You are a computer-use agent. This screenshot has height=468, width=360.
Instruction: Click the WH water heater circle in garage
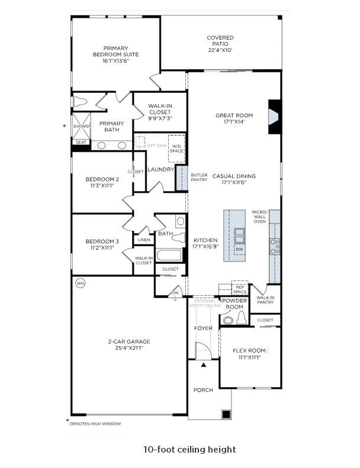tap(81, 283)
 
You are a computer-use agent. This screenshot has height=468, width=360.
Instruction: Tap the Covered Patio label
tap(220, 44)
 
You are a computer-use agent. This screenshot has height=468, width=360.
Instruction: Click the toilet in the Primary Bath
tap(80, 102)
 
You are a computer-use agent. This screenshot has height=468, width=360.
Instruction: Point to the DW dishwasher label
tap(239, 249)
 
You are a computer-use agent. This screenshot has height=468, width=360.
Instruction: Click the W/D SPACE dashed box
tap(176, 147)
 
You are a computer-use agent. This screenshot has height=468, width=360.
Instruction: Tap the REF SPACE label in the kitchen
tap(239, 289)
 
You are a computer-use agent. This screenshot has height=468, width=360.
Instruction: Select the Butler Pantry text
tap(198, 177)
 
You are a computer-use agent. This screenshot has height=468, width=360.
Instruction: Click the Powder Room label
tap(234, 304)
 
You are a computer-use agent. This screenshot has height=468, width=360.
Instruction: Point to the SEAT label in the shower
tap(80, 142)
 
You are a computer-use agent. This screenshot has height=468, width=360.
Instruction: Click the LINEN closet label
tap(144, 240)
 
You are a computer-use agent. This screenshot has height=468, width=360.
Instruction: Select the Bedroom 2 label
tap(102, 182)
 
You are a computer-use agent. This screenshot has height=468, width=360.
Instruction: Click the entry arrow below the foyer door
tap(204, 365)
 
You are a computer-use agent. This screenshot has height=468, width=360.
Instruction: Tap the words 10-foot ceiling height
tap(189, 450)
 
